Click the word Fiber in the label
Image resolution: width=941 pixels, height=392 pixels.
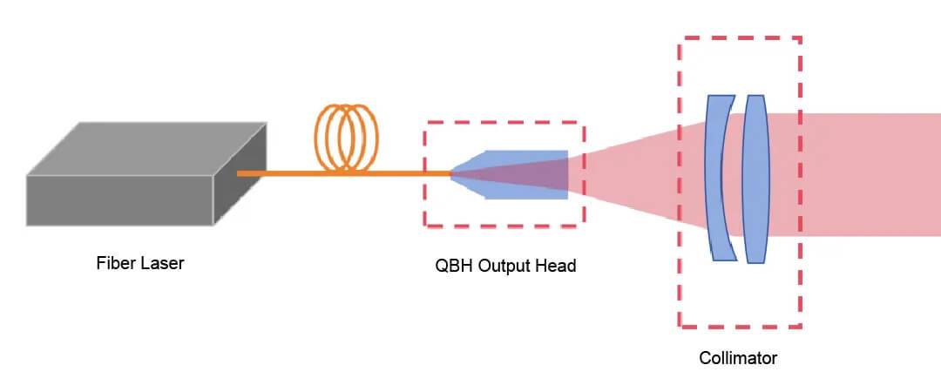pos(115,263)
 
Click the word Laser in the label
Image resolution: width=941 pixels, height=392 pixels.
pos(162,263)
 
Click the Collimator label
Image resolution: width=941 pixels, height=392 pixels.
pos(738,358)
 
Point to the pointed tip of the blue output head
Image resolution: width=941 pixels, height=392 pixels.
pos(454,174)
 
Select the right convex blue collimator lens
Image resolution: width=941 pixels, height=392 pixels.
pos(755,178)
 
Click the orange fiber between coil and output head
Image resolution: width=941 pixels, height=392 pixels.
pos(410,173)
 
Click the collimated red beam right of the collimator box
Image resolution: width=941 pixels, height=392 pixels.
pos(871,174)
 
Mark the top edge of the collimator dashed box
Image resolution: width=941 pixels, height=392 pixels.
pos(740,38)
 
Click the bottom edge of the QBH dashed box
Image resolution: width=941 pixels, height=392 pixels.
pos(504,226)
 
